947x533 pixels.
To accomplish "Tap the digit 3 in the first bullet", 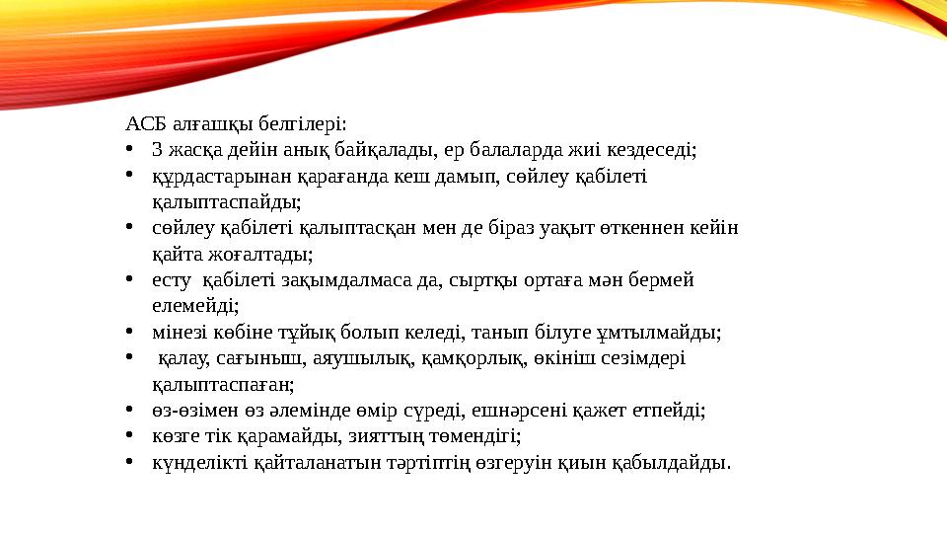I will pyautogui.click(x=157, y=151).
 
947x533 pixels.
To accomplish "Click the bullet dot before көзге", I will pyautogui.click(x=130, y=435).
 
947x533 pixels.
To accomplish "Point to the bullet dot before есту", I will pyautogui.click(x=130, y=279).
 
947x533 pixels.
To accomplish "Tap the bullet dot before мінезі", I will pyautogui.click(x=130, y=332).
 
